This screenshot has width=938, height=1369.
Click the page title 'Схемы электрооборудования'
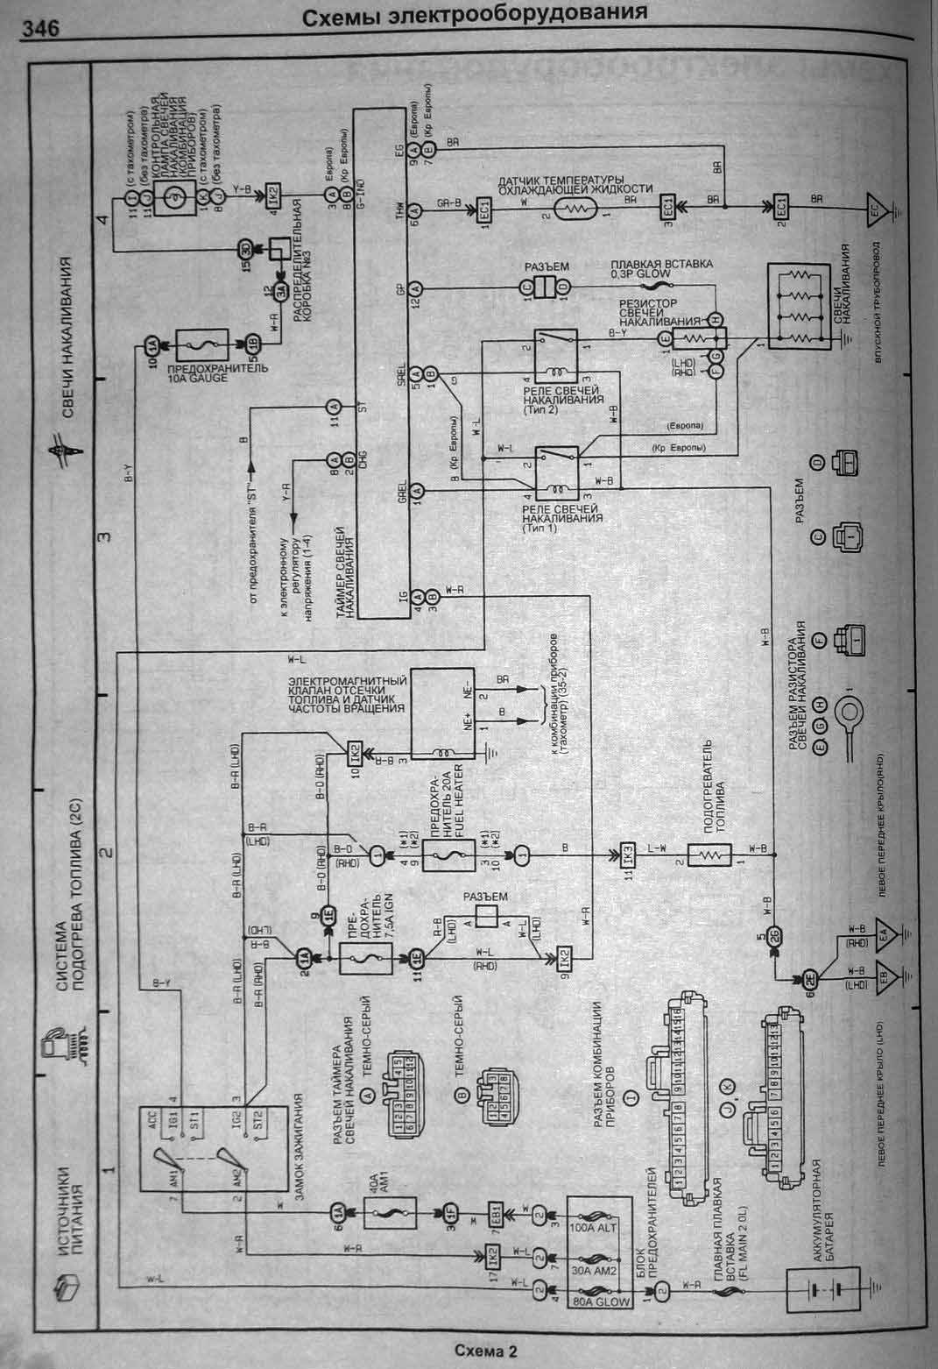tap(476, 14)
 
